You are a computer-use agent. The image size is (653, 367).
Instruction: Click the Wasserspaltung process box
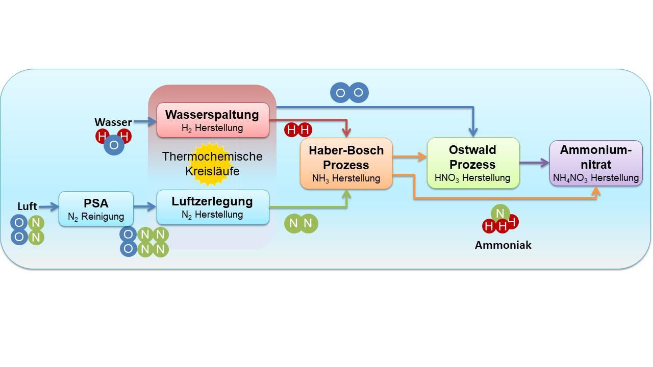click(x=212, y=120)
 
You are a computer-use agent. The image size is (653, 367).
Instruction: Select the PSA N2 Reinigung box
click(x=96, y=208)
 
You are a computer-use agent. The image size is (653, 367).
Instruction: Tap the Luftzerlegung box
click(x=212, y=207)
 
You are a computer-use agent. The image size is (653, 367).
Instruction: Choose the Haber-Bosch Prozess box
click(x=346, y=164)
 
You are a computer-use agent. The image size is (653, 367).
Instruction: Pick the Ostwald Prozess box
click(x=472, y=163)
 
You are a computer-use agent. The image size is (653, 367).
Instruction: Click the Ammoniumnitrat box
click(x=595, y=163)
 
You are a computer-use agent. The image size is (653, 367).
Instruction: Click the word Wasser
click(x=113, y=122)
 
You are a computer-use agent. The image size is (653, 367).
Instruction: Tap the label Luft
click(x=27, y=206)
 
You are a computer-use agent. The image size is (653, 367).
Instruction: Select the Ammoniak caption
click(x=503, y=245)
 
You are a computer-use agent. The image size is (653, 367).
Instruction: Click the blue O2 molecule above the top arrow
click(x=349, y=93)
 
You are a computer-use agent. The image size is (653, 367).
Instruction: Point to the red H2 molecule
click(x=298, y=130)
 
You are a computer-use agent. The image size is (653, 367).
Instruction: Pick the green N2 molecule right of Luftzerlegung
click(x=301, y=223)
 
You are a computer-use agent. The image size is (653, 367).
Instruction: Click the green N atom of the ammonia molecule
click(x=500, y=213)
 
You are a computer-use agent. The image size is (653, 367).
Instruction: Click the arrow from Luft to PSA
click(x=48, y=206)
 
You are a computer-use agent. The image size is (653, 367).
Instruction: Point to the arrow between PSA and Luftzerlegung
click(x=145, y=206)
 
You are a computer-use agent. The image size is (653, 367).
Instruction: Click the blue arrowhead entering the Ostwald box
click(x=474, y=133)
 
